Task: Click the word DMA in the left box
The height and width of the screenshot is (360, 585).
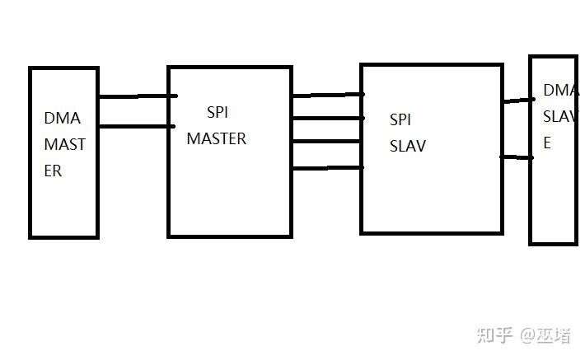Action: [x=63, y=119]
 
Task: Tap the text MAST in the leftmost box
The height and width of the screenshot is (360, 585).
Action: [x=64, y=144]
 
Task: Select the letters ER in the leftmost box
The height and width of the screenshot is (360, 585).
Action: [x=53, y=171]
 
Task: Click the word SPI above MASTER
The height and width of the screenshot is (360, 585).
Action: [x=218, y=112]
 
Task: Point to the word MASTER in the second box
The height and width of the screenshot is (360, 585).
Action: [x=217, y=138]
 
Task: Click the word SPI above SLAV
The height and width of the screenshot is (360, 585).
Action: [x=400, y=119]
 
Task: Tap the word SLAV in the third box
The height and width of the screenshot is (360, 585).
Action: [x=407, y=146]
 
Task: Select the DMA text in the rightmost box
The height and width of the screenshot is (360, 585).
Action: [x=561, y=91]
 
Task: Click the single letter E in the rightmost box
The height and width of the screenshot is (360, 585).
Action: [x=547, y=143]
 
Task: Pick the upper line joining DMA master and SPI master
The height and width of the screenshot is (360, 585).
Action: [x=138, y=96]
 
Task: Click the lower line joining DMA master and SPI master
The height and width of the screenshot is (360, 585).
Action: [x=137, y=127]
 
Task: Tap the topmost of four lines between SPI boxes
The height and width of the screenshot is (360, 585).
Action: [x=328, y=95]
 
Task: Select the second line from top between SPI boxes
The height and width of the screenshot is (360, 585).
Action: [x=328, y=119]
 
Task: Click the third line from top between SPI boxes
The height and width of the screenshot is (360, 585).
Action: [x=327, y=142]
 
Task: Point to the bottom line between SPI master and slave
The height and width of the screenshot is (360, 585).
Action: [x=328, y=168]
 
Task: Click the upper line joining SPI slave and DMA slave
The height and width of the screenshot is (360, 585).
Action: [x=519, y=101]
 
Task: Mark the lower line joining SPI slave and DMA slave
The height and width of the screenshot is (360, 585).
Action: [x=517, y=157]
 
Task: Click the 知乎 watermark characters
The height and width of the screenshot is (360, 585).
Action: [x=494, y=335]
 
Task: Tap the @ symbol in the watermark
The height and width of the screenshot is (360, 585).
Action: [x=528, y=336]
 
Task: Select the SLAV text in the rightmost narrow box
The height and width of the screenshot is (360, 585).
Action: [x=561, y=117]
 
